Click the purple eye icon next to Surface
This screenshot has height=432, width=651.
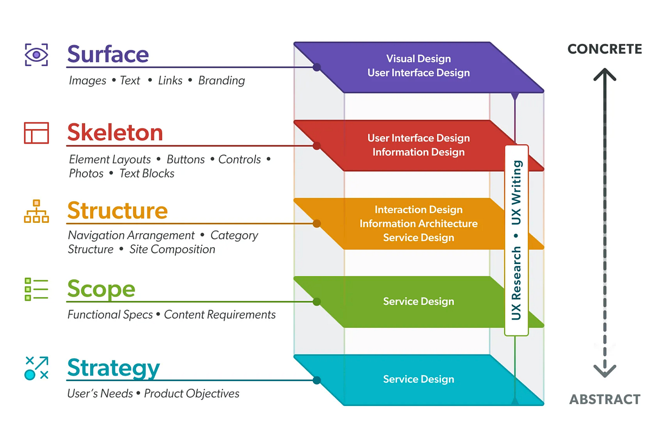[36, 55]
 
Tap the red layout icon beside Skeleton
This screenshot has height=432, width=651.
[36, 133]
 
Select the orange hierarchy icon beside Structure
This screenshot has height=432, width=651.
[36, 211]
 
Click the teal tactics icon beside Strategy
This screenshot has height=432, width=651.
[36, 367]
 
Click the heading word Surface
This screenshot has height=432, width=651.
[108, 55]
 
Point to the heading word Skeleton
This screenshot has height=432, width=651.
[115, 133]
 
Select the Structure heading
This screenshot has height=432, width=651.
[117, 211]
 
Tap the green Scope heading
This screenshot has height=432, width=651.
[101, 289]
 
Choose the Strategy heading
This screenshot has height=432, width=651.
[113, 368]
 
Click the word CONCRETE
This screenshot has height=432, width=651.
[604, 49]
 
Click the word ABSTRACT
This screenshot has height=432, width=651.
[604, 399]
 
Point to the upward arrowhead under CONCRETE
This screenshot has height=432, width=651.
[604, 73]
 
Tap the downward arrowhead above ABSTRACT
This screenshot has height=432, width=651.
[604, 371]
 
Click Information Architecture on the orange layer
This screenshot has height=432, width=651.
[418, 223]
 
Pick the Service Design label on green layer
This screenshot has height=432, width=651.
[418, 301]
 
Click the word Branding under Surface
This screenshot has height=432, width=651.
[221, 81]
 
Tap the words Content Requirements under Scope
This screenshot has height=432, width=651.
[220, 315]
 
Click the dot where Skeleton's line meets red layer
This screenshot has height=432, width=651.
[317, 146]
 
